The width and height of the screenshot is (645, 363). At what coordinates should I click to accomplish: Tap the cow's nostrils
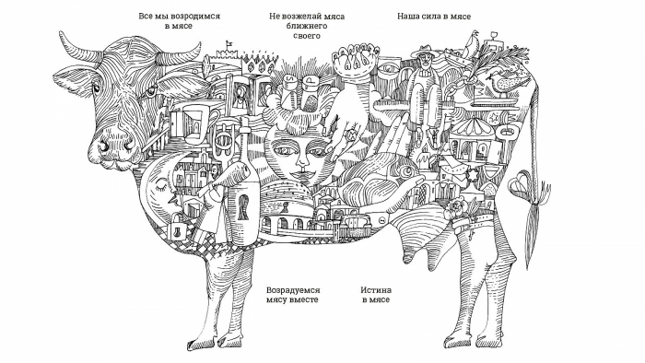117,146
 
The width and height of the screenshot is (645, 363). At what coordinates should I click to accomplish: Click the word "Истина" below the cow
376,290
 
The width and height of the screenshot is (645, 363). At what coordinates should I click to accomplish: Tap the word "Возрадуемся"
293,290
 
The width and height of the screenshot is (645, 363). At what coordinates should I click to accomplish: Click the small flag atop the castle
229,42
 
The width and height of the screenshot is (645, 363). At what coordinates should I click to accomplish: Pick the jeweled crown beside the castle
258,63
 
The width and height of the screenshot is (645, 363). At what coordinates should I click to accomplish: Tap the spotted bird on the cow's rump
505,82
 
